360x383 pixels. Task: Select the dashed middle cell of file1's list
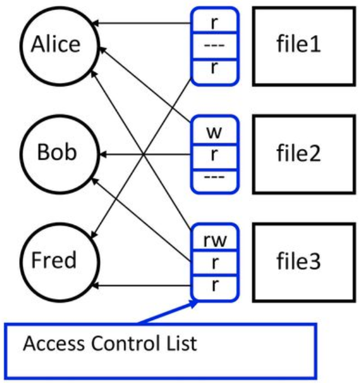pyautogui.click(x=214, y=46)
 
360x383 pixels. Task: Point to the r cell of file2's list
pyautogui.click(x=214, y=157)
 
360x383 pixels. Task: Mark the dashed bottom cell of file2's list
pyautogui.click(x=214, y=181)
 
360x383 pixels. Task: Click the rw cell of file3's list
pyautogui.click(x=214, y=237)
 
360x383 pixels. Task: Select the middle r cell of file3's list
pyautogui.click(x=214, y=263)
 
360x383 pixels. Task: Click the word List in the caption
pyautogui.click(x=182, y=343)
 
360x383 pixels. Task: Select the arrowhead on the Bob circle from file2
pyautogui.click(x=103, y=154)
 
